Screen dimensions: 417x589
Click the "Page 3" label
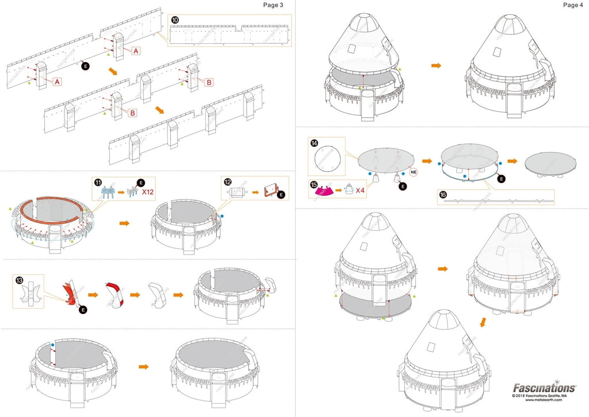(x=274, y=5)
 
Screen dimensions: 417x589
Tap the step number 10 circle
(x=175, y=20)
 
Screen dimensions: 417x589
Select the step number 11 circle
(x=97, y=183)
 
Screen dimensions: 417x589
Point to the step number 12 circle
(x=228, y=182)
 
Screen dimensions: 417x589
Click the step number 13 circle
(x=21, y=280)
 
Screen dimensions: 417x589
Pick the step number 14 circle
(x=313, y=142)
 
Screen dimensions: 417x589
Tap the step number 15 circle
(x=313, y=185)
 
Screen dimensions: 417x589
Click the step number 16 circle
(x=443, y=195)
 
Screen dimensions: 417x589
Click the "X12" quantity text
(x=150, y=192)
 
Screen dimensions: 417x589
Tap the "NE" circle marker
(x=413, y=172)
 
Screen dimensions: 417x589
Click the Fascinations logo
(x=544, y=388)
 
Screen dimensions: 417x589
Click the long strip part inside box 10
(x=230, y=35)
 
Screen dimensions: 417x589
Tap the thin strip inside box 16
(x=497, y=200)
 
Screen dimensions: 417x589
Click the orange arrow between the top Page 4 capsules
(x=436, y=66)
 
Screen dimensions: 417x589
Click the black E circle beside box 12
(x=281, y=195)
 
